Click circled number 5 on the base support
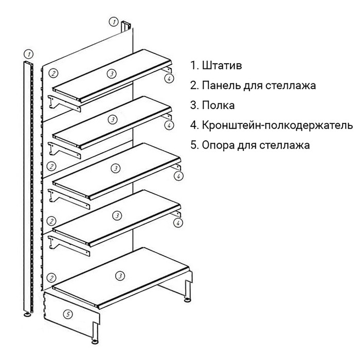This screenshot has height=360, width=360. point(67,314)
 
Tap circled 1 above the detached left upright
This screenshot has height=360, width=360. point(29,53)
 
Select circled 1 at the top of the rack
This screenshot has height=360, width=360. point(113,22)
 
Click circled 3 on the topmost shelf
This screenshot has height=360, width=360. point(112,74)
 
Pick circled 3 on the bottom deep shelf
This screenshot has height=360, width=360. point(120,276)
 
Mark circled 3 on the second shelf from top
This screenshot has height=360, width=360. point(113,119)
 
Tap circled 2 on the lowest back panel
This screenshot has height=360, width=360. point(51,277)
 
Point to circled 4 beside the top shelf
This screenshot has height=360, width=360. point(168,78)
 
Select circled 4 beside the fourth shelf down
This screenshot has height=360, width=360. point(178,223)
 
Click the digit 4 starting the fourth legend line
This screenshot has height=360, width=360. point(193,125)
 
